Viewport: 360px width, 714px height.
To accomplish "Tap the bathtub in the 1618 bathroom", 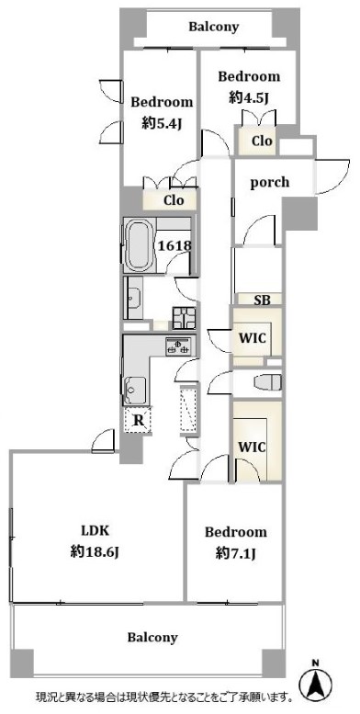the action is (x=140, y=245).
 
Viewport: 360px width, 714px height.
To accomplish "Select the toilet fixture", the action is (x=268, y=382).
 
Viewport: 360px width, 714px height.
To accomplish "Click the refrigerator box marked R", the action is (x=138, y=420).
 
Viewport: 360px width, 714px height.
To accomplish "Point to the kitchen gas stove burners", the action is (x=180, y=346).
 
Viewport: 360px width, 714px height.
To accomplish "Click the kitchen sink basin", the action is (x=135, y=391).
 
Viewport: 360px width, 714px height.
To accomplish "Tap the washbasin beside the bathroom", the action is (x=133, y=299).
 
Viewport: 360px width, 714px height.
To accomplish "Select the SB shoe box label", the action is (x=261, y=300).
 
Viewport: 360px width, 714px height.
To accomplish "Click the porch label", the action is (x=270, y=182).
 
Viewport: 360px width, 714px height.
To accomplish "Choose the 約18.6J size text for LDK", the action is (x=96, y=552).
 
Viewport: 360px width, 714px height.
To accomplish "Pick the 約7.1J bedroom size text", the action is (x=235, y=553).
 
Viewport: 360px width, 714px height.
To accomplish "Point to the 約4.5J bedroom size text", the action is (x=248, y=97).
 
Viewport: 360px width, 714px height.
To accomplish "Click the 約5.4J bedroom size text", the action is (x=162, y=123).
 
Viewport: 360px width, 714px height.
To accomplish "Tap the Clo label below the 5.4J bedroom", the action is (x=174, y=200).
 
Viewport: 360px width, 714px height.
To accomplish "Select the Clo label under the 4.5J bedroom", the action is (x=262, y=141).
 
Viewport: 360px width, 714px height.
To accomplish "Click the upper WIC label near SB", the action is (x=253, y=338).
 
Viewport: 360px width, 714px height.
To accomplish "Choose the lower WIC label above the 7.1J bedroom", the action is (x=253, y=447).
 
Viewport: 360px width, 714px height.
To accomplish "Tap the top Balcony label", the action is (x=213, y=27).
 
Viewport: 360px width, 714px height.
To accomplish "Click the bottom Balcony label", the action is (x=152, y=637).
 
